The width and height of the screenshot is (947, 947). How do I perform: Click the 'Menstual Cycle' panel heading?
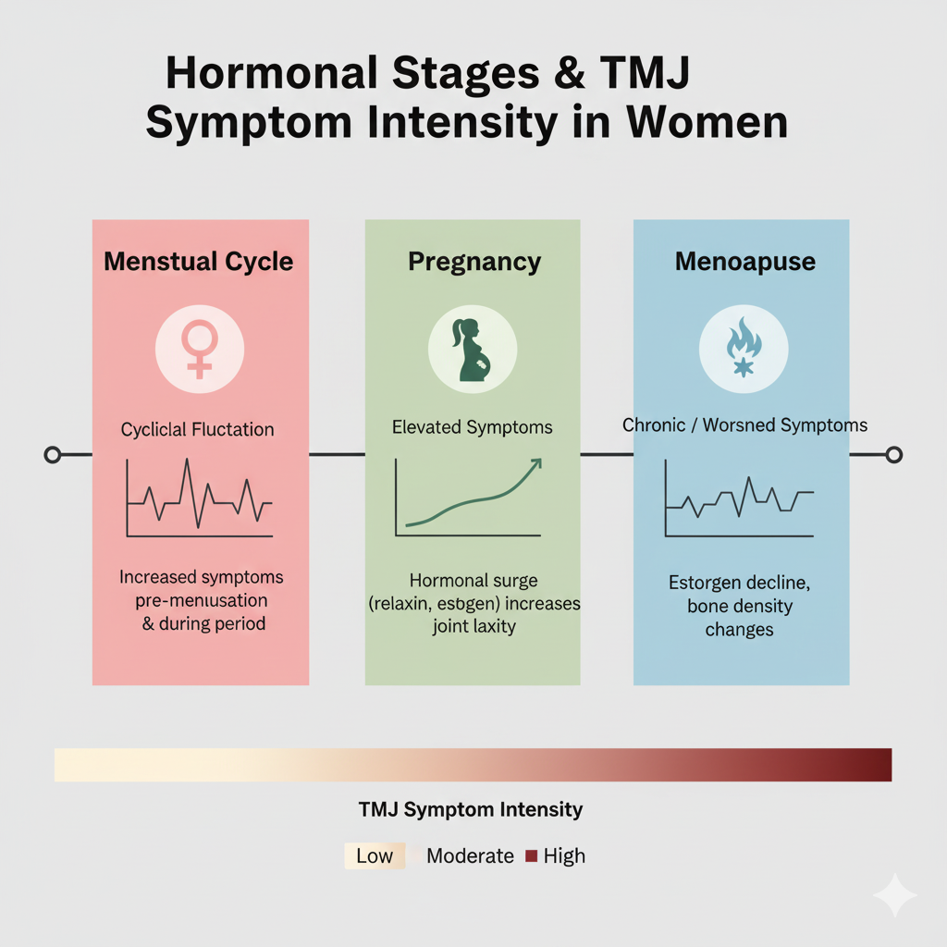click(x=198, y=261)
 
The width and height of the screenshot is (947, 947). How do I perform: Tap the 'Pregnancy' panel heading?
click(x=473, y=261)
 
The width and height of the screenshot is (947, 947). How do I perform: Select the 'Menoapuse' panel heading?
click(x=744, y=261)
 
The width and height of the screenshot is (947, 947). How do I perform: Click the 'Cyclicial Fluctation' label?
click(x=197, y=429)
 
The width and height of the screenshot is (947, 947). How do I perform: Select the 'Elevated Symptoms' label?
click(x=472, y=427)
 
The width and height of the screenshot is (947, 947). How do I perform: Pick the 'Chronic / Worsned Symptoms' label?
click(x=744, y=425)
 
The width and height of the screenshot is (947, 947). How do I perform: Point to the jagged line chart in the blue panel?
click(x=740, y=499)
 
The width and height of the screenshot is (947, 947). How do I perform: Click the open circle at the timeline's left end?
click(x=53, y=454)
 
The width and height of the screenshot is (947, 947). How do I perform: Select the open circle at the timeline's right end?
click(x=893, y=454)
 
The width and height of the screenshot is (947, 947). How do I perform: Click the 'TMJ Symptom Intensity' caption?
click(x=470, y=810)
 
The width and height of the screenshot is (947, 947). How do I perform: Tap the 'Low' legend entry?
click(x=374, y=855)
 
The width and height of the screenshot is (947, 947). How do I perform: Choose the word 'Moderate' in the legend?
click(x=470, y=855)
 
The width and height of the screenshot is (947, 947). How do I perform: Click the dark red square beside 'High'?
click(x=531, y=855)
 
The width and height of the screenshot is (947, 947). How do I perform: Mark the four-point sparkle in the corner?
click(x=894, y=894)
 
